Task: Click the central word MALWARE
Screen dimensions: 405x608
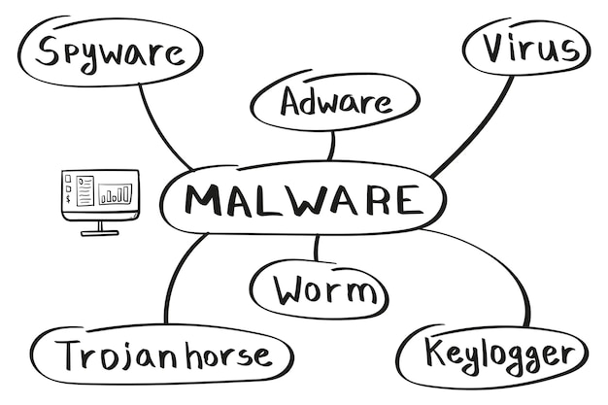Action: (303, 200)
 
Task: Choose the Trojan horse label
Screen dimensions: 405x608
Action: (162, 354)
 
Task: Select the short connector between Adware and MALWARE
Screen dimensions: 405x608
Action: (332, 146)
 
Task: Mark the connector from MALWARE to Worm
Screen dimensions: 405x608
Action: (316, 249)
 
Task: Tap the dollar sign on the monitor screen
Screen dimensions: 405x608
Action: (67, 199)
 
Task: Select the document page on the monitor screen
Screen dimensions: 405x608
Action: (85, 190)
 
